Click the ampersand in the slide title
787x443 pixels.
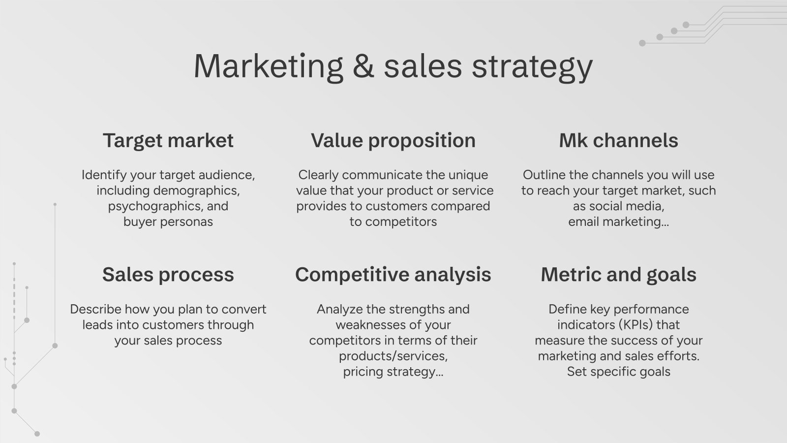(x=363, y=66)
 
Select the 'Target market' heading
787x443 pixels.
(x=168, y=141)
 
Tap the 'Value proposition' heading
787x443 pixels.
(x=393, y=141)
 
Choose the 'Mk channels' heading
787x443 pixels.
(x=618, y=141)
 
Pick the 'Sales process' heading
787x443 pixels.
(x=168, y=275)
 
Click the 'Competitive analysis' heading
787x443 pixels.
(x=393, y=275)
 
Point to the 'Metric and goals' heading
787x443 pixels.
(x=618, y=275)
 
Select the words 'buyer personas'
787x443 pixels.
(x=168, y=221)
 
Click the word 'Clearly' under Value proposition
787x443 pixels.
(x=318, y=175)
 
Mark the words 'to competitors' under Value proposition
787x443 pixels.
(x=393, y=221)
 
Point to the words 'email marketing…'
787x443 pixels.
(x=618, y=221)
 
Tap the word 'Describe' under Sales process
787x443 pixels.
(x=95, y=309)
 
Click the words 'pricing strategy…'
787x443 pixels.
(x=393, y=372)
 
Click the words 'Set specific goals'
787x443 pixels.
(x=618, y=372)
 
